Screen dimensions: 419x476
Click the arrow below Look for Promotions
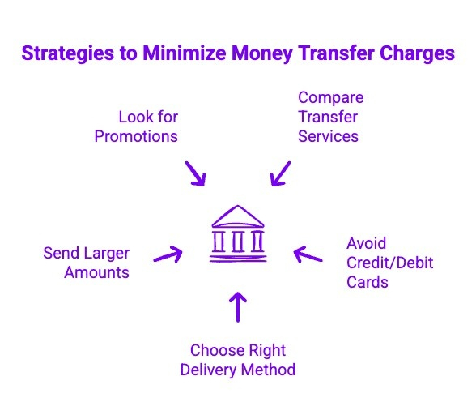(x=195, y=173)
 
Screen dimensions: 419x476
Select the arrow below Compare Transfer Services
(x=279, y=172)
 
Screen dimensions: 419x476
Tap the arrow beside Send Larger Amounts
(x=167, y=254)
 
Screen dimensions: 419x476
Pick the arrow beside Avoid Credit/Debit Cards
(x=308, y=256)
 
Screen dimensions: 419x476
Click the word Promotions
(x=136, y=136)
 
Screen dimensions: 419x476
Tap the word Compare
(x=330, y=97)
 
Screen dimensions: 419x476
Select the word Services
(x=328, y=136)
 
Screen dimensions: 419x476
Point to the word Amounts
(x=96, y=272)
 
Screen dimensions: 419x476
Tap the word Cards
(x=367, y=282)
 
